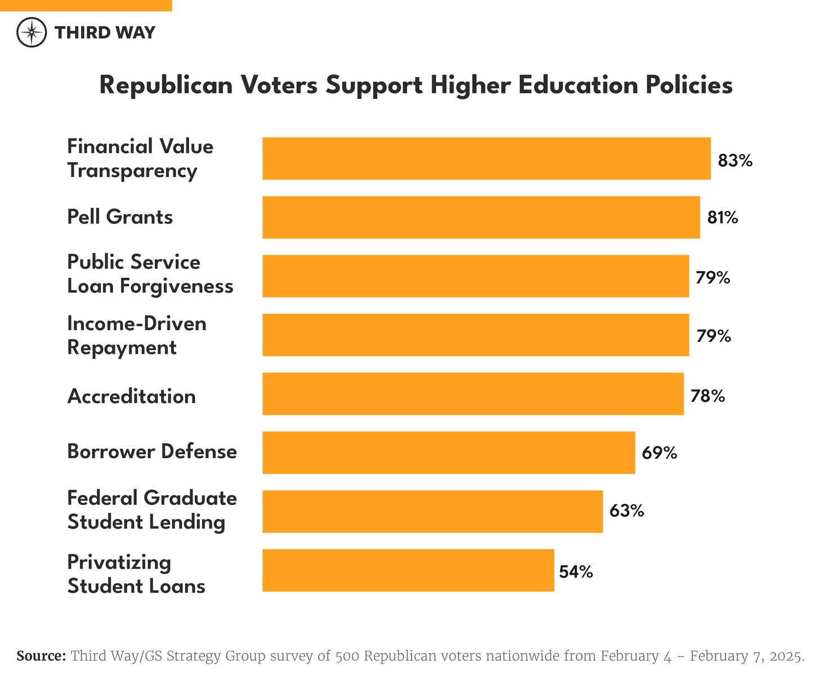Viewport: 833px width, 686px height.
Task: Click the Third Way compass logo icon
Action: coord(32,33)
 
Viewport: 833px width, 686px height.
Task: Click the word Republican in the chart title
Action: coord(166,85)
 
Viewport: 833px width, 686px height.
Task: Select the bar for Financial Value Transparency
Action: coord(486,159)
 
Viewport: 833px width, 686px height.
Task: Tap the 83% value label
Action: coord(735,161)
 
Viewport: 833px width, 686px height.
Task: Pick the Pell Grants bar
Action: coord(481,217)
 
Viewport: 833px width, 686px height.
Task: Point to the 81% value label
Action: coord(723,217)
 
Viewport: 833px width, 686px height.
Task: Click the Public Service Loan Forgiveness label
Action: coord(150,274)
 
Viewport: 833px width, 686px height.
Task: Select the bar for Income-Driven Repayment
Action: coord(475,335)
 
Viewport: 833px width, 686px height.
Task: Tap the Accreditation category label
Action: coord(131,396)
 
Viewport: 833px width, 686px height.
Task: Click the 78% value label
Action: coord(707,396)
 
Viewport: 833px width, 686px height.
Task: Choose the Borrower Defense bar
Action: coord(449,453)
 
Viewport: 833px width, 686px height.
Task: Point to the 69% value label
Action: coord(659,453)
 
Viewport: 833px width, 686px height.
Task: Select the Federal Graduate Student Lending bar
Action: coord(432,511)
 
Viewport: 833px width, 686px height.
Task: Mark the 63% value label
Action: coord(626,511)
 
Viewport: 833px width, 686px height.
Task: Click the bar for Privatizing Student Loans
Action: coord(408,570)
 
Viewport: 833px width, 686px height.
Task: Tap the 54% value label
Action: coord(576,572)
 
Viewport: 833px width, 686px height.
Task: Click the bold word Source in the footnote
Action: coord(41,656)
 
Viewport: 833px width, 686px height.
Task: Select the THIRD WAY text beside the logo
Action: coord(105,33)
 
